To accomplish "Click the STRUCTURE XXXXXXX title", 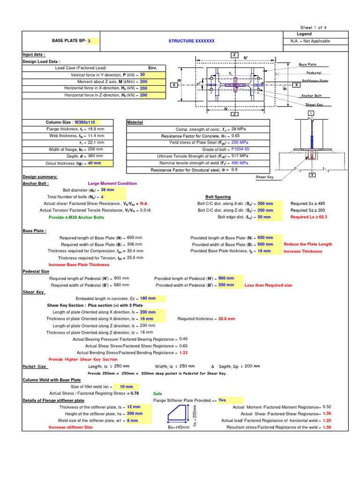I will (191, 41).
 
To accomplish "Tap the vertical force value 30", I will (142, 75).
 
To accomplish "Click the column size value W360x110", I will (85, 122).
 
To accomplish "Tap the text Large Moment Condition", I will (112, 184).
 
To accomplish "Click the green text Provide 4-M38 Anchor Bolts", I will (76, 217).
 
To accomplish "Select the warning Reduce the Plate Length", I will (308, 244).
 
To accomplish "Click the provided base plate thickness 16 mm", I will (264, 251).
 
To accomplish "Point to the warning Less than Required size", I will (268, 285).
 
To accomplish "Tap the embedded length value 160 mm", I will (148, 298).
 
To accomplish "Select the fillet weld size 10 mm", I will (126, 387).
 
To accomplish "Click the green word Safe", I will (157, 394).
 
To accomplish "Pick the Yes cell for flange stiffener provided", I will (222, 400).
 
